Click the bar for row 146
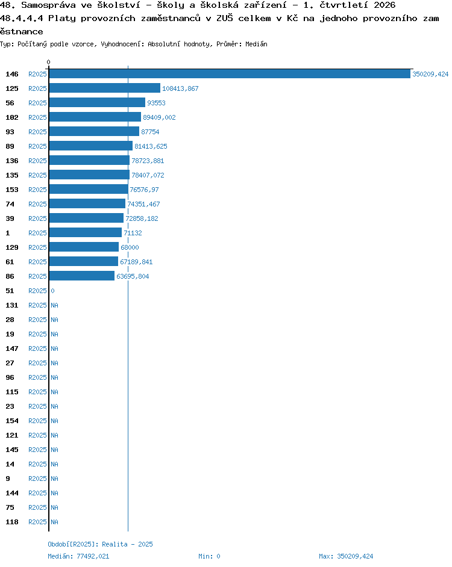pyautogui.click(x=230, y=74)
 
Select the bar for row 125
pyautogui.click(x=105, y=88)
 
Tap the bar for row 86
pyautogui.click(x=82, y=276)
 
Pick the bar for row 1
pyautogui.click(x=86, y=233)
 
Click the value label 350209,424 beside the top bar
pyautogui.click(x=430, y=74)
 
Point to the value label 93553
pyautogui.click(x=156, y=103)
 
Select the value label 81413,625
pyautogui.click(x=151, y=146)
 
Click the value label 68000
pyautogui.click(x=130, y=248)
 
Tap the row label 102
pyautogui.click(x=12, y=117)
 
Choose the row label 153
pyautogui.click(x=12, y=190)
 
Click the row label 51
pyautogui.click(x=10, y=291)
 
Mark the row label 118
pyautogui.click(x=12, y=522)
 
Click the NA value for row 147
pyautogui.click(x=54, y=349)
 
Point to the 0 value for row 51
pyautogui.click(x=52, y=291)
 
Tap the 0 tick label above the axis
pyautogui.click(x=49, y=62)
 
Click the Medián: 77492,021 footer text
pyautogui.click(x=78, y=556)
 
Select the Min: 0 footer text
pyautogui.click(x=209, y=556)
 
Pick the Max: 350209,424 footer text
pyautogui.click(x=346, y=556)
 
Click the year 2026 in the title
pyautogui.click(x=385, y=5)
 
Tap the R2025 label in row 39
pyautogui.click(x=37, y=218)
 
